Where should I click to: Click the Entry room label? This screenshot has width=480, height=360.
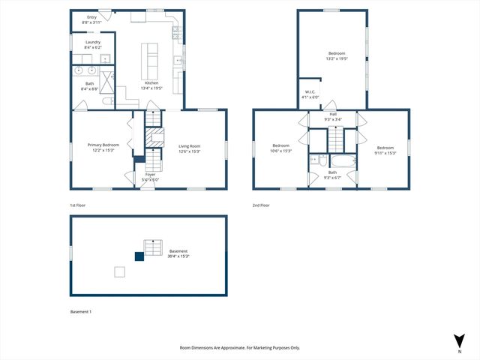point(92,16)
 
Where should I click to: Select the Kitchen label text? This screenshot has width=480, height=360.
point(151,82)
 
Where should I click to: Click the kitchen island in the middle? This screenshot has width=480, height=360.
point(151,55)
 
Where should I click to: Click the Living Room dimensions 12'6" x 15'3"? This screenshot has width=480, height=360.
point(189,151)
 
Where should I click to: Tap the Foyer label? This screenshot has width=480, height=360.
point(150,174)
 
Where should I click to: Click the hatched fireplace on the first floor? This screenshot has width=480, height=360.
point(154,137)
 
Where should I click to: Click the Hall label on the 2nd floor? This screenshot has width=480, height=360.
point(333,114)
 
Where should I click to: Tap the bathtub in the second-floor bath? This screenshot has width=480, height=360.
point(343,160)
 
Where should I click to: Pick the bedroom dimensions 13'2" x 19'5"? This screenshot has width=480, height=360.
point(337,58)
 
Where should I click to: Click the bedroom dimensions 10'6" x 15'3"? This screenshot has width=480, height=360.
point(281,151)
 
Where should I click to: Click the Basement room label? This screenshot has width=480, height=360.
point(178,251)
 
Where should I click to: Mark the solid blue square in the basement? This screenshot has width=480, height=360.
point(139,256)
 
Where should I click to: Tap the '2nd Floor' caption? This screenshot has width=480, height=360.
point(261,205)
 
